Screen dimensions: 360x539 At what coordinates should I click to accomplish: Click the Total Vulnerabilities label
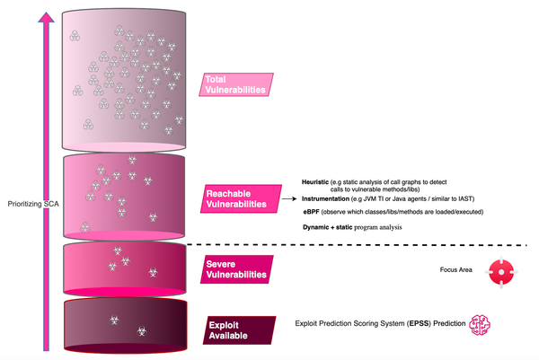236,84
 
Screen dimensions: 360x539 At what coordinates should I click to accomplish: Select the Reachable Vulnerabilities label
237,198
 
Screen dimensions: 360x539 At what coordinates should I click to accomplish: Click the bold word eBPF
314,211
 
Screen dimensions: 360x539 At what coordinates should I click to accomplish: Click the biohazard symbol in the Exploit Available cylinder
115,320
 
